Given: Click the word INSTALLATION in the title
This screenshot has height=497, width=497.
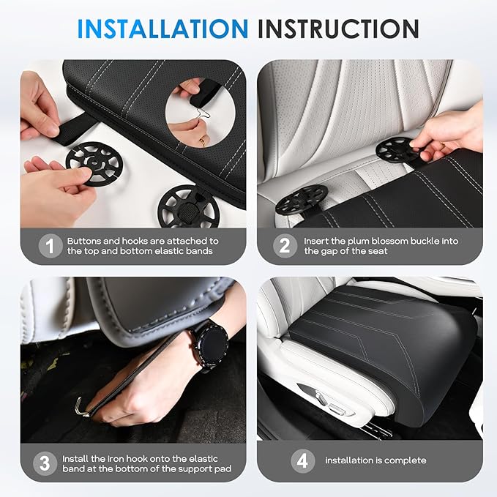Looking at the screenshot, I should coord(162,29).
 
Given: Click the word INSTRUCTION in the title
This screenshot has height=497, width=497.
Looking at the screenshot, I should coord(339,29).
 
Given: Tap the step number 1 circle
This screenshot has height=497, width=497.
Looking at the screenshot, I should coord(50,246).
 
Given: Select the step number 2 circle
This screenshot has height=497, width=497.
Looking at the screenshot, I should coord(285,246).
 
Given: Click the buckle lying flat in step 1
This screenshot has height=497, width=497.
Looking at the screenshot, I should coord(187,205).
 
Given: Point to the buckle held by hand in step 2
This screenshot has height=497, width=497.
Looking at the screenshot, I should coord(396,150).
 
